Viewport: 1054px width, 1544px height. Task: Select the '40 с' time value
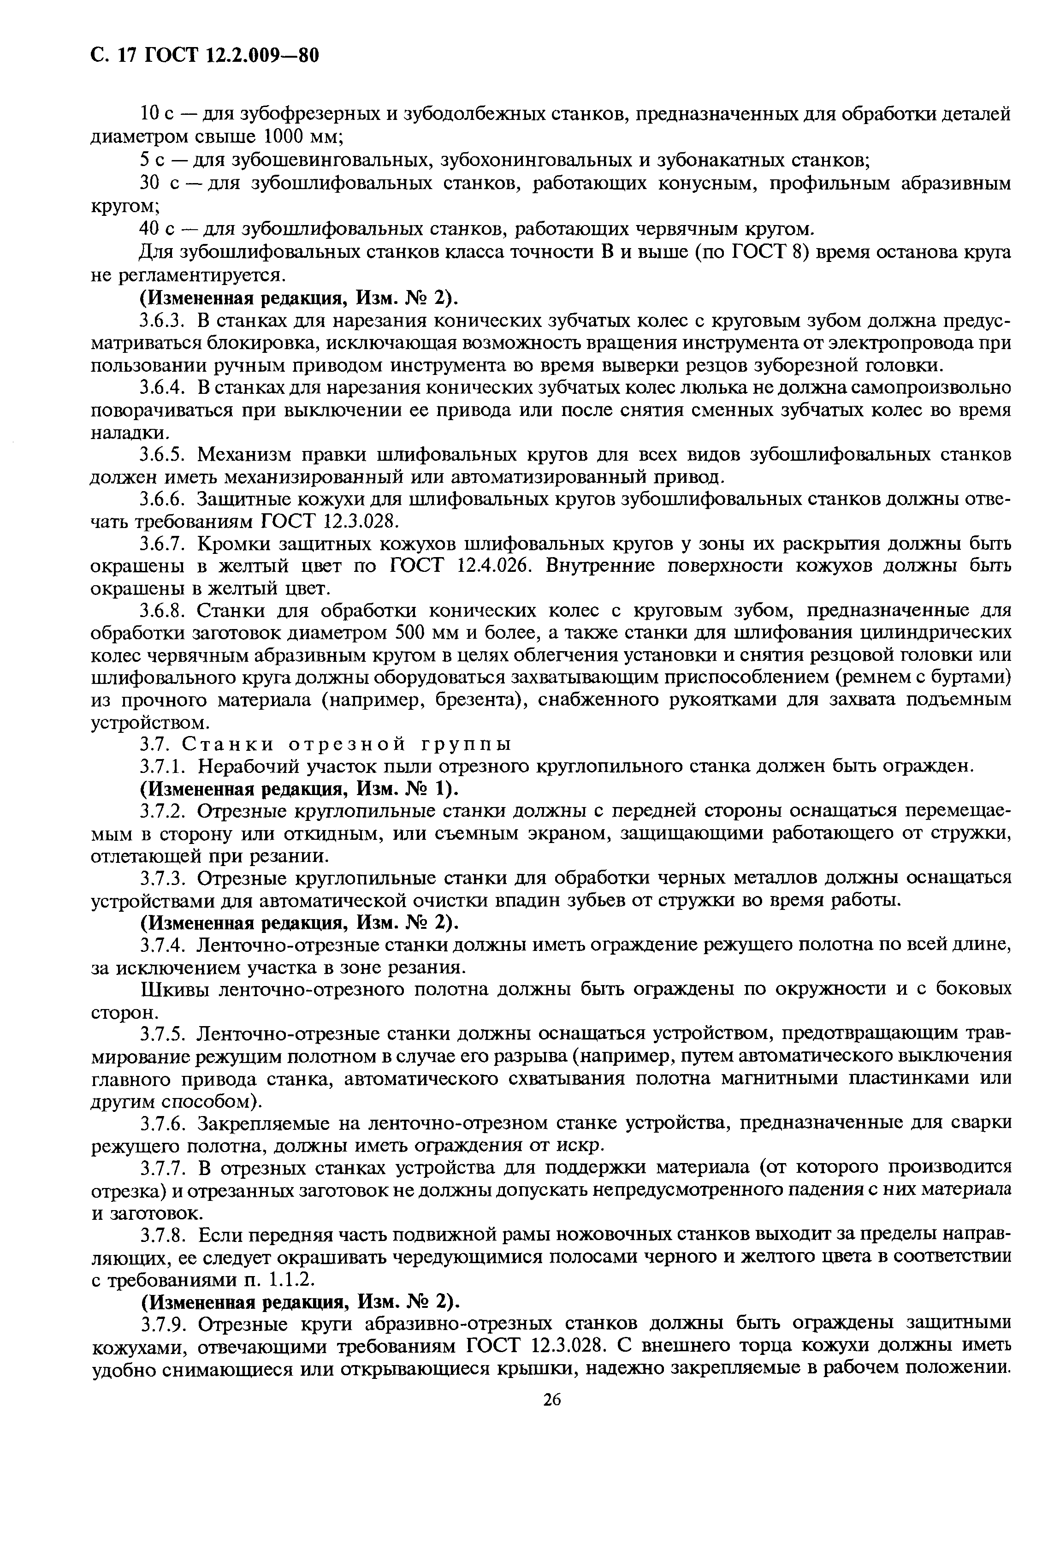pyautogui.click(x=157, y=229)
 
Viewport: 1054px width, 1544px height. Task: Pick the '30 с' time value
pyautogui.click(x=157, y=184)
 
